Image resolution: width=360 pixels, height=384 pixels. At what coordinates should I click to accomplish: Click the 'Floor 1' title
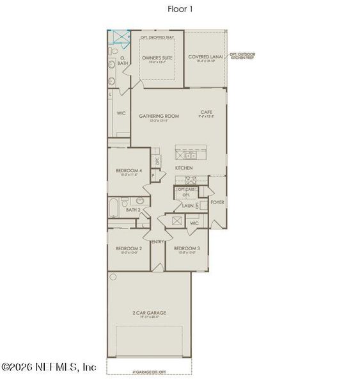tap(180, 9)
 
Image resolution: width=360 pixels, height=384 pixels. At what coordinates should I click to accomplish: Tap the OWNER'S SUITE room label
tap(158, 57)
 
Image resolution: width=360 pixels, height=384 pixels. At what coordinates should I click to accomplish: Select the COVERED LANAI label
tap(205, 57)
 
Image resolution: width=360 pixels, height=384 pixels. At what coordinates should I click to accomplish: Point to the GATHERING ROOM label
tap(159, 116)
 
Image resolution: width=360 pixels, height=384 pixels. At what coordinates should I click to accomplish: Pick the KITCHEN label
tap(184, 168)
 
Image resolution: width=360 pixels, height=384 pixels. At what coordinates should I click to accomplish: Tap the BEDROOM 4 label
tap(129, 170)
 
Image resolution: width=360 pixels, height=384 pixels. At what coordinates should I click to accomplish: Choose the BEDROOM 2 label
tap(129, 248)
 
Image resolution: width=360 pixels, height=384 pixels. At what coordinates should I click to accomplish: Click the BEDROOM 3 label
tap(187, 248)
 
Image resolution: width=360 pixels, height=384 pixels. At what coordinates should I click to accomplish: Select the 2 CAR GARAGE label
tap(149, 313)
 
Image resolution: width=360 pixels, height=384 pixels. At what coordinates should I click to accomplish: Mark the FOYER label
tap(217, 202)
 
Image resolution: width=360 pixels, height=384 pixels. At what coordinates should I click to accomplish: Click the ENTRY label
tap(158, 241)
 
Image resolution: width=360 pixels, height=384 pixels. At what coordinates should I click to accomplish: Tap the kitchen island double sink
tap(190, 155)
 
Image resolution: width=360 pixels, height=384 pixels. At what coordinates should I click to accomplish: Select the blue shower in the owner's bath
tap(116, 36)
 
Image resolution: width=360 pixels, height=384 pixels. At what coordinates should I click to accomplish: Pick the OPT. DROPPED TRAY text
tap(157, 38)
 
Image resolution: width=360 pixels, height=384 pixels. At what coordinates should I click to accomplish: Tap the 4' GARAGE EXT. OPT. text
tap(150, 372)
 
